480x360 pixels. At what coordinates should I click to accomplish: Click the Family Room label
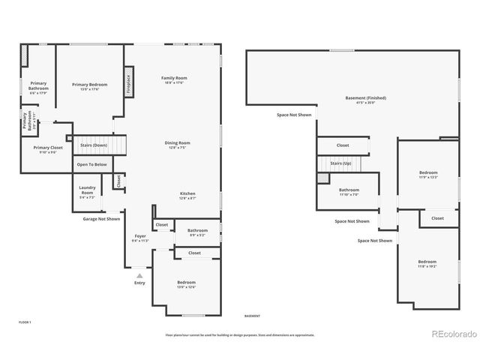(174, 79)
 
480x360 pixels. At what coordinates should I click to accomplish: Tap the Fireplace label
(129, 82)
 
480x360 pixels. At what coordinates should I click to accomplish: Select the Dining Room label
(178, 144)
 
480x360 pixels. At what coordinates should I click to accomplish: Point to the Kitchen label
(187, 195)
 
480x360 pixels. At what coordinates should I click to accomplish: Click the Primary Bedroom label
(89, 86)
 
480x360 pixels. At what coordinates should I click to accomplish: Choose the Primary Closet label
(48, 149)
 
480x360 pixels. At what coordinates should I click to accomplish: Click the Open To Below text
(91, 164)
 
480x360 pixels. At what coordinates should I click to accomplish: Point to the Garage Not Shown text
(101, 219)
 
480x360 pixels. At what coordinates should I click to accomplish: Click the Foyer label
(140, 238)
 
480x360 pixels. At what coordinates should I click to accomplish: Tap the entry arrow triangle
(139, 276)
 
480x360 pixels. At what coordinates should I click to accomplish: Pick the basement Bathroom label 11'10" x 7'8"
(349, 191)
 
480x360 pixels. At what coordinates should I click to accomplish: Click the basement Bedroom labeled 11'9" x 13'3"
(428, 175)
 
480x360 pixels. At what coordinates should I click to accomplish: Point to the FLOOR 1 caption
(25, 321)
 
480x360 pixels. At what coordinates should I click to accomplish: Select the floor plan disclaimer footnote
(240, 335)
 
